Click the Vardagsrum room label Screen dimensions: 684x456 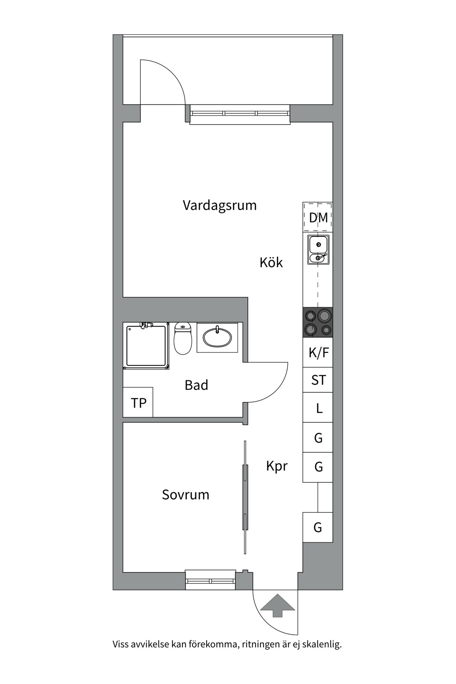point(219,206)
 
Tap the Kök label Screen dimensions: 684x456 point(271,263)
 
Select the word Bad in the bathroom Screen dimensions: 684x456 point(196,385)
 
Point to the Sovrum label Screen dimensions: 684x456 point(185,494)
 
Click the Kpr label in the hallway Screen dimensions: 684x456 point(276,466)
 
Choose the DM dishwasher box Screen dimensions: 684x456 point(318,217)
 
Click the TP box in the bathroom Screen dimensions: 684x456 point(138,403)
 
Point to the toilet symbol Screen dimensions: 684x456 point(183,339)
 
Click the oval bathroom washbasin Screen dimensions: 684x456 point(217,337)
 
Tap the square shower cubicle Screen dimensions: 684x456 point(146,346)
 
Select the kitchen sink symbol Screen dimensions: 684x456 point(318,250)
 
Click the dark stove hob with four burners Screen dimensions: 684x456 point(318,322)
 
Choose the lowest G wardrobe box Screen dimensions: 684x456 point(318,527)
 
